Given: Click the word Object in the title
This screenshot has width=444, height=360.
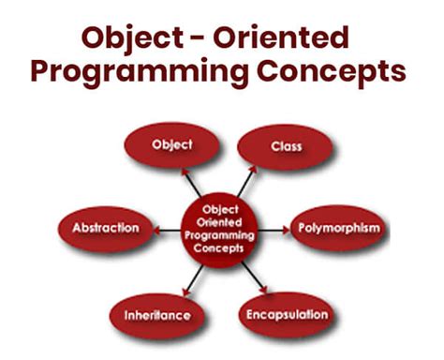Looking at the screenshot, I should [131, 39].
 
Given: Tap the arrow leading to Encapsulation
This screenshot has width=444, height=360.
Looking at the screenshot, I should [253, 275].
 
